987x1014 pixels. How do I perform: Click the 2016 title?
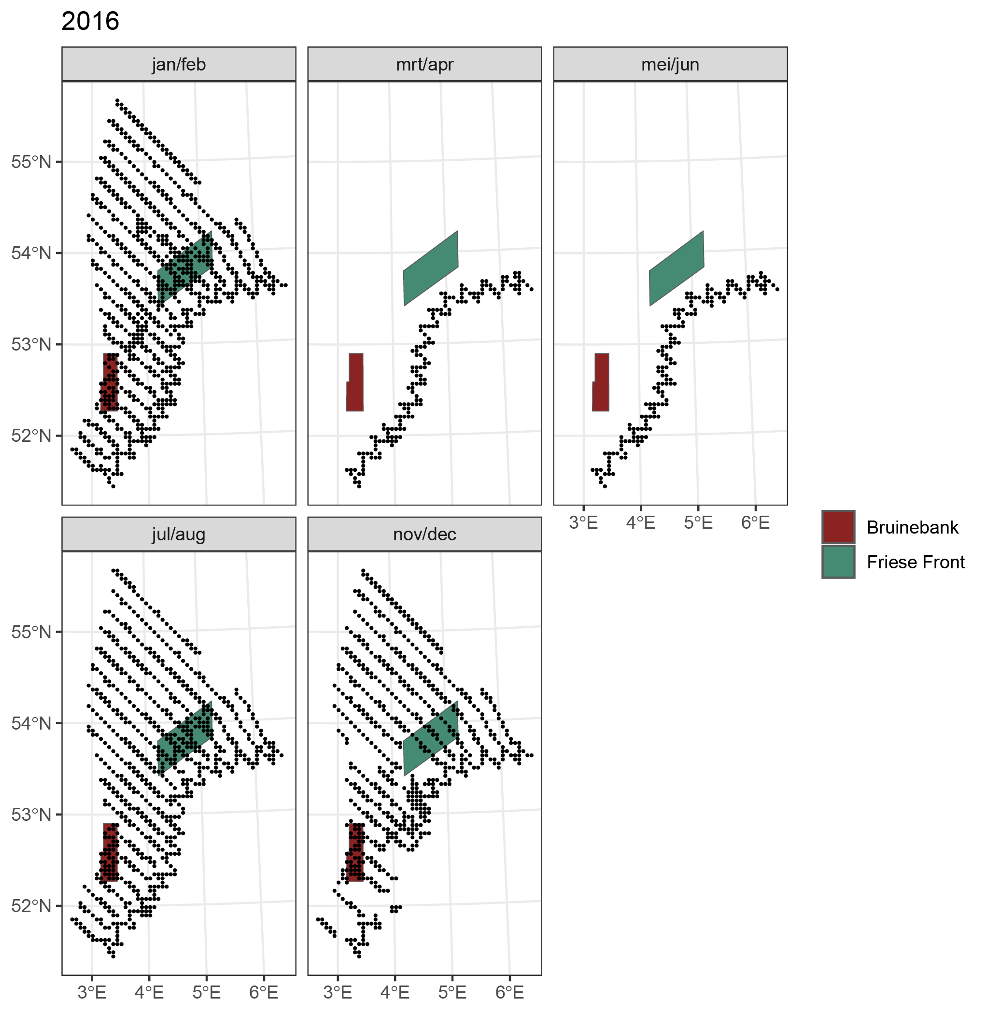point(90,22)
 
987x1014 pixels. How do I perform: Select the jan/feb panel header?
point(178,64)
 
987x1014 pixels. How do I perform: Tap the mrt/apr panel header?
point(424,64)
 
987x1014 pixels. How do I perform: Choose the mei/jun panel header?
point(670,64)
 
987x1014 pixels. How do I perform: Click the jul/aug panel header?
point(178,534)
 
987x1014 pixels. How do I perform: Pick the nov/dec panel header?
point(424,534)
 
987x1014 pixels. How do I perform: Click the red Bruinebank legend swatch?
point(838,527)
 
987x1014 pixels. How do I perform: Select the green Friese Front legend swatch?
point(838,562)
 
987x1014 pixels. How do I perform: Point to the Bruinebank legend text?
point(912,528)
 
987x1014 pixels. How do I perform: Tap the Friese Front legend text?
point(916,562)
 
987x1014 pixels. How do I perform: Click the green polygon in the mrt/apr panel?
point(431,268)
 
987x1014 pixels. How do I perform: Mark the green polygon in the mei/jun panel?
point(677,268)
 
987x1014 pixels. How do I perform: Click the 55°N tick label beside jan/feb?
point(31,162)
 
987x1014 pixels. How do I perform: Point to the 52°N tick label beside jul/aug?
point(31,906)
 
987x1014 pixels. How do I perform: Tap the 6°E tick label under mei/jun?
point(755,522)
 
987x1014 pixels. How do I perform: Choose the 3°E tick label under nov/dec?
point(338,992)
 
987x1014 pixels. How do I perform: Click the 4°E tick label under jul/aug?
point(149,992)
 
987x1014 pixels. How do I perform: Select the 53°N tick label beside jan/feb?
point(31,344)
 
